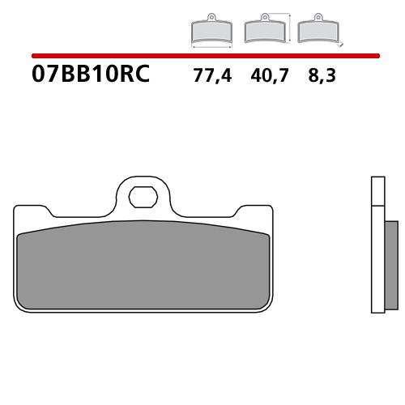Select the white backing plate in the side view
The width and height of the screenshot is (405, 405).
[376, 243]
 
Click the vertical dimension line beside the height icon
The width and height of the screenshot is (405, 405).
[289, 27]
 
